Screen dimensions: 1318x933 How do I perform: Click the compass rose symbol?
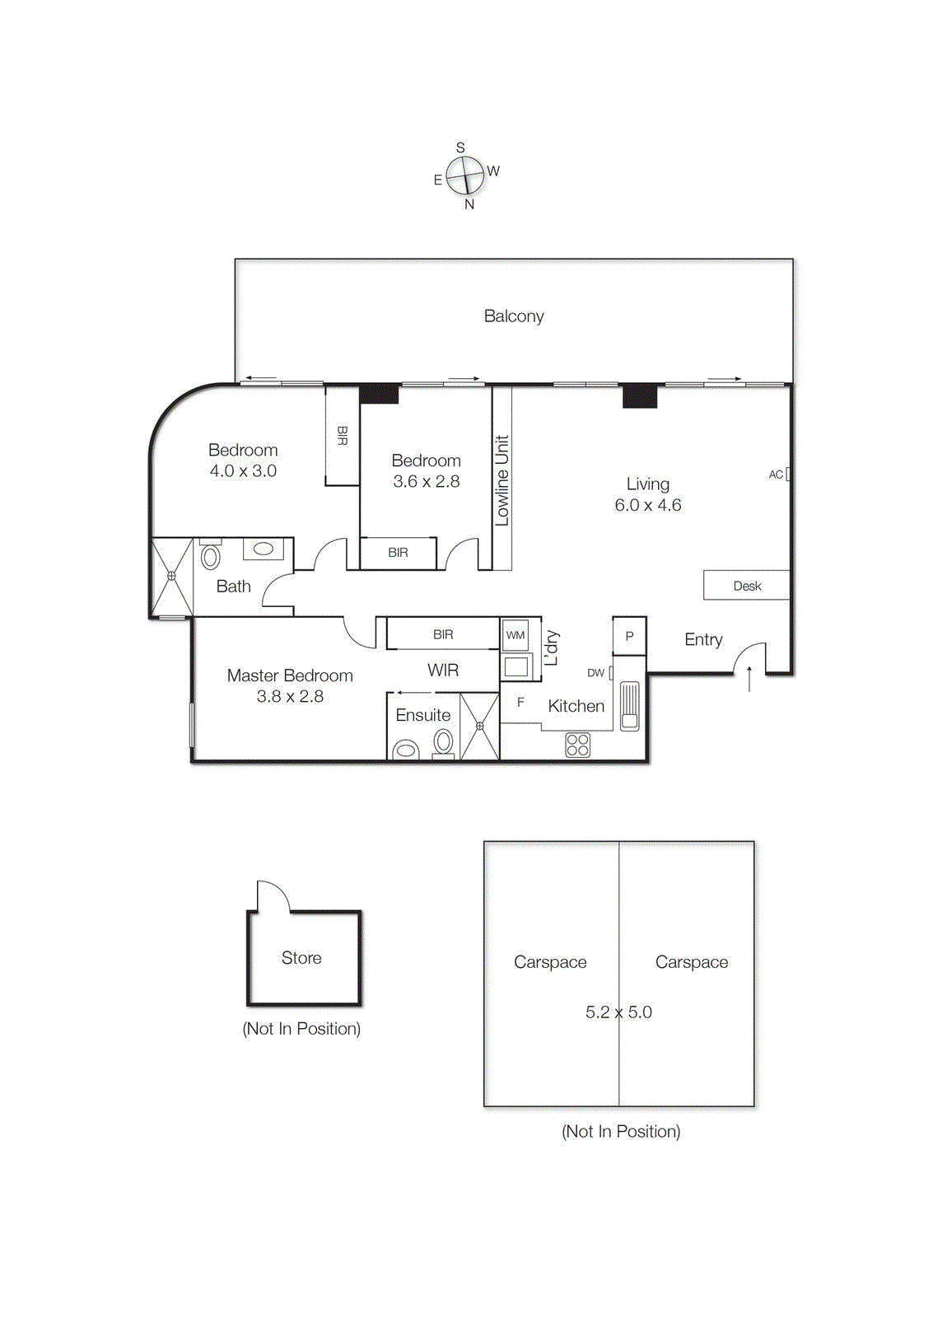coord(465,176)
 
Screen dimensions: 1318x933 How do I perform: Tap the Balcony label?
coord(514,316)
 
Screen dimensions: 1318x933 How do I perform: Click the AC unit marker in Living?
coord(788,474)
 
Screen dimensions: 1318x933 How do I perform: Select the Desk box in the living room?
coord(746,586)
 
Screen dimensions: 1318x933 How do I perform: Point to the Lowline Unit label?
coord(502,481)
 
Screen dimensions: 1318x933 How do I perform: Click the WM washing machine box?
coord(515,635)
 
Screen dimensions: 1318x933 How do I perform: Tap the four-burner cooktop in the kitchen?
coord(577,745)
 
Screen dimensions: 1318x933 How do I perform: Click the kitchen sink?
coord(629,705)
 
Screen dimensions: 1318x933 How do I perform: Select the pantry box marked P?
coord(629,636)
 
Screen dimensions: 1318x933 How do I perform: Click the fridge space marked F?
coord(520,703)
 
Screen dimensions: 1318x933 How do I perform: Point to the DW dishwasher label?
coord(595,673)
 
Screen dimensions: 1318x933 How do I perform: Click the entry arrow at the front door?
coord(749,679)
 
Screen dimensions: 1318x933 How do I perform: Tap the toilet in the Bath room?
coord(211,557)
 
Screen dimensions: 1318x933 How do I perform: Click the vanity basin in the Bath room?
coord(264,549)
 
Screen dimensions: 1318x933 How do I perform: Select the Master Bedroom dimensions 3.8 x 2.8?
coord(290,697)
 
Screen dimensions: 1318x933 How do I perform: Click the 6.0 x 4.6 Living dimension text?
coord(648,505)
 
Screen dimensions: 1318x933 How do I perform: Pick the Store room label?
coord(301,958)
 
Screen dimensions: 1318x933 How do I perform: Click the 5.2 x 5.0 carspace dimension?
coord(618,1012)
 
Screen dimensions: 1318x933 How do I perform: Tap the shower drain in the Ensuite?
coord(479,726)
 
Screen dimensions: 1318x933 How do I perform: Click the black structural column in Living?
coord(639,396)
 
